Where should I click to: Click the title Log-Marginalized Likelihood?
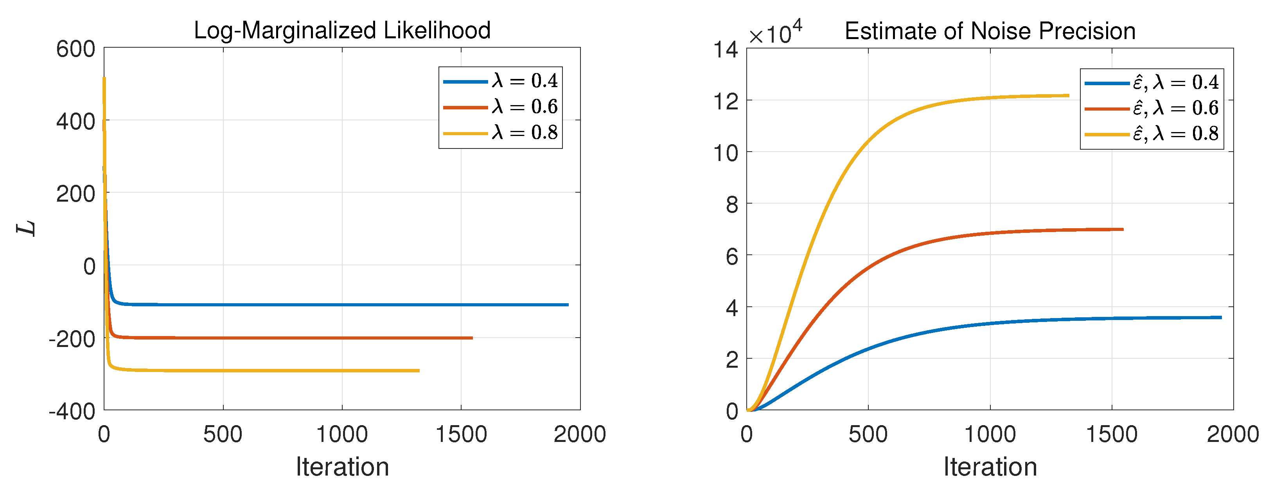click(x=342, y=30)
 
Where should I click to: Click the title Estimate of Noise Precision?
click(x=990, y=32)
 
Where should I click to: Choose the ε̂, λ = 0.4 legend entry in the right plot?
click(x=1152, y=82)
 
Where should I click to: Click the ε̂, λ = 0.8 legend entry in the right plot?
click(x=1152, y=134)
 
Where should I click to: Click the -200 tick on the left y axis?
click(x=72, y=339)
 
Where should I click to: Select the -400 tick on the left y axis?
click(x=72, y=411)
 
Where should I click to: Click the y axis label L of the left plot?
click(x=27, y=228)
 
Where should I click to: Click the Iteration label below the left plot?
click(x=342, y=467)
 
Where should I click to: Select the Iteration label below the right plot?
click(x=990, y=467)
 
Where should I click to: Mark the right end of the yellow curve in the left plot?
click(x=419, y=370)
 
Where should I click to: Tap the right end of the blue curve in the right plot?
click(x=1221, y=318)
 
